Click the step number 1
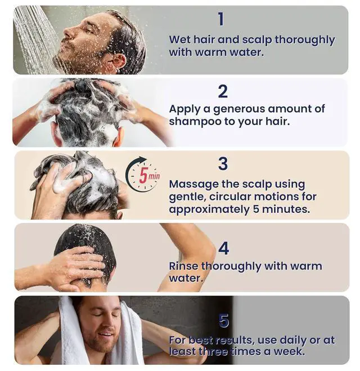tap(221, 19)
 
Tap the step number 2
tap(223, 91)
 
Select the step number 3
tap(223, 163)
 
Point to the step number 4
tap(224, 248)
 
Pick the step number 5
tap(224, 320)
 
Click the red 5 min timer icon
tap(142, 174)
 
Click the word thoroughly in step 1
tap(305, 41)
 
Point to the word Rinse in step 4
tap(183, 266)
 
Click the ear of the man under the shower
tap(118, 61)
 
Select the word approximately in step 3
tap(209, 210)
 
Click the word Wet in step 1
tap(179, 39)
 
